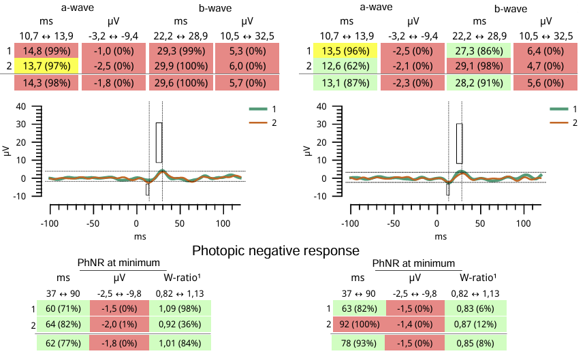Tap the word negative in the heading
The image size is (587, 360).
click(275, 251)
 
